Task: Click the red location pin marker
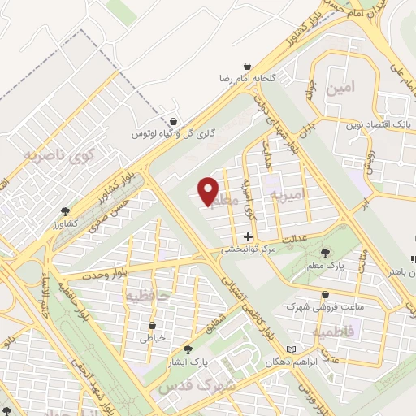point(209,190)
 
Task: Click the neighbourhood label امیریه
point(289,196)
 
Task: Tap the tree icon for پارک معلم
point(327,252)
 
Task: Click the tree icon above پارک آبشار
point(188,348)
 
